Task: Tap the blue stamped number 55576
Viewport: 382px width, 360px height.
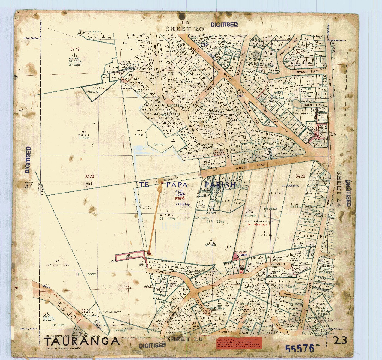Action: [299, 348]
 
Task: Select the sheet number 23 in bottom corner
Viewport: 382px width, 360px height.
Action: [340, 340]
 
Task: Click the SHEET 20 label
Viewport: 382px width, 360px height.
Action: [183, 29]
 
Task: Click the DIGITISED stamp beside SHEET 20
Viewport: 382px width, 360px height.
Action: [224, 25]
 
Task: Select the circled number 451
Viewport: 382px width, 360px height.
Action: [89, 183]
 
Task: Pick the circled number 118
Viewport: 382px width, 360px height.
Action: [229, 247]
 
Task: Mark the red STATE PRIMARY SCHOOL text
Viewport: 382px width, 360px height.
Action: [259, 221]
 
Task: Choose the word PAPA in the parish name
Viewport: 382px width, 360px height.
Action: [177, 185]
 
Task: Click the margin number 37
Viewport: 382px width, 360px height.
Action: [28, 185]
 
